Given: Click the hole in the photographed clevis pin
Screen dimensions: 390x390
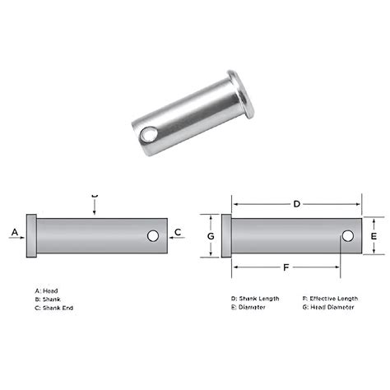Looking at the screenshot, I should click(x=146, y=132).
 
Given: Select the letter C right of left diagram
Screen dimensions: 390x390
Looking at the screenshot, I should click(x=179, y=234).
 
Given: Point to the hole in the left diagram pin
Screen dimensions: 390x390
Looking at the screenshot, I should click(x=153, y=236).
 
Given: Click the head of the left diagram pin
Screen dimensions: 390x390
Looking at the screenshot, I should click(x=32, y=236).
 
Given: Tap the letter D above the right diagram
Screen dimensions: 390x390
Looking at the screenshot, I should click(x=296, y=202).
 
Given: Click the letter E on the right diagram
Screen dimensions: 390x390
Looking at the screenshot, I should click(x=374, y=236).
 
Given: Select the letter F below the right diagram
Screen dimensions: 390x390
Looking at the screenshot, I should click(x=286, y=267).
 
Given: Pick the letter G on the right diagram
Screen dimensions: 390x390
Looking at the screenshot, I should click(x=211, y=236).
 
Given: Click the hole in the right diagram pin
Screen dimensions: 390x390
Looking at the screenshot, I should click(x=347, y=237).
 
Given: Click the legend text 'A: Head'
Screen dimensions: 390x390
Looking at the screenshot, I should click(x=46, y=290).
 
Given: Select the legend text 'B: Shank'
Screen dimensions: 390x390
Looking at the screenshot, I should click(x=49, y=299).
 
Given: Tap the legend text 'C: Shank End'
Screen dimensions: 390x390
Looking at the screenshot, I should click(x=54, y=307).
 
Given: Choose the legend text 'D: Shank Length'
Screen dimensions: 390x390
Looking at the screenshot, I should click(x=256, y=298).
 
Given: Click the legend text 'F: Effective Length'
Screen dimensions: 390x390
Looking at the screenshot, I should click(x=330, y=298).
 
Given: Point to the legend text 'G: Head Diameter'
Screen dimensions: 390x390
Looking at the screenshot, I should click(x=328, y=306).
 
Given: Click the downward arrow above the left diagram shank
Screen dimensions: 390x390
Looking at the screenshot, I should click(x=95, y=208).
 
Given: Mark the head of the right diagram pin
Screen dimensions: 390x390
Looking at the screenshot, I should click(x=228, y=236).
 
